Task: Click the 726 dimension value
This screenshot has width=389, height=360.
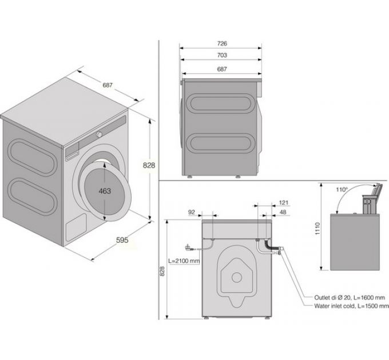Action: coord(222,43)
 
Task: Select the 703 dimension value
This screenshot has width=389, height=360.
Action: coord(222,55)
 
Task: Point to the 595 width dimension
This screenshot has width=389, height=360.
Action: coord(122,240)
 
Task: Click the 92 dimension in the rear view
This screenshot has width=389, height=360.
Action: coord(192,212)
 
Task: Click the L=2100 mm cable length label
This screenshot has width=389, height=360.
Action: coord(184,261)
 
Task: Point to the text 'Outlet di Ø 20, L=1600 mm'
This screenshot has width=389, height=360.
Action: coord(349,298)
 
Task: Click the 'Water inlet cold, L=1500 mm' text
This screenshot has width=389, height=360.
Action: coord(350,306)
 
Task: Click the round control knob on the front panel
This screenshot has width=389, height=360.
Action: coord(100,134)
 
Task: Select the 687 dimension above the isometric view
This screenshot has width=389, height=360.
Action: coord(108,85)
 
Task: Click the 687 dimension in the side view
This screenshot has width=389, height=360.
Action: coord(222,69)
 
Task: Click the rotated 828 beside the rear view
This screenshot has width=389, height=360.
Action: coord(162,274)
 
